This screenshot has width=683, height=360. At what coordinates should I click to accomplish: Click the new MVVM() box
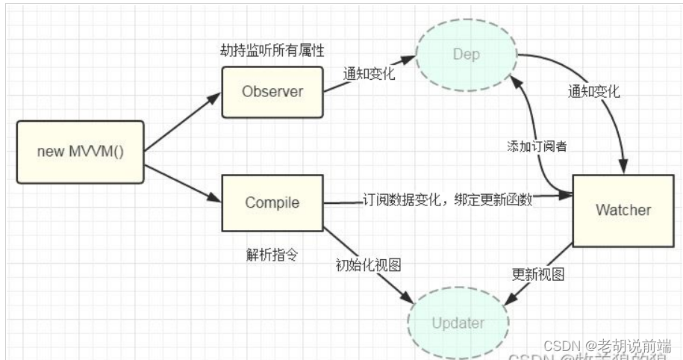pyautogui.click(x=80, y=152)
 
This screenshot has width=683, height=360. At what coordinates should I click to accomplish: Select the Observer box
pyautogui.click(x=272, y=92)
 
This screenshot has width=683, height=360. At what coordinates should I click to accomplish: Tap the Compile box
pyautogui.click(x=272, y=202)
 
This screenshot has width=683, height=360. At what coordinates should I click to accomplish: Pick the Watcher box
pyautogui.click(x=623, y=210)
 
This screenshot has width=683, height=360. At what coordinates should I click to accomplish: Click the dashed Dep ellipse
pyautogui.click(x=466, y=55)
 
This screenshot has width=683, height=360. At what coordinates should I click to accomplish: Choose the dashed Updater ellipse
pyautogui.click(x=458, y=324)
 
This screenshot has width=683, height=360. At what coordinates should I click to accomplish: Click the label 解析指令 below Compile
pyautogui.click(x=272, y=255)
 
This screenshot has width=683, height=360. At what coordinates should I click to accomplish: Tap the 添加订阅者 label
pyautogui.click(x=536, y=146)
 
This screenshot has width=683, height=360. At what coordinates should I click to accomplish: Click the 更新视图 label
pyautogui.click(x=537, y=274)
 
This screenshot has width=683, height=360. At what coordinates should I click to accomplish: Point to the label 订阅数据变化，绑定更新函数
pyautogui.click(x=447, y=200)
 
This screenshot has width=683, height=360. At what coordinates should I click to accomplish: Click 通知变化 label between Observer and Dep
pyautogui.click(x=368, y=75)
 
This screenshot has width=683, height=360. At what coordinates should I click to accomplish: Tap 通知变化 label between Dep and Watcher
pyautogui.click(x=594, y=93)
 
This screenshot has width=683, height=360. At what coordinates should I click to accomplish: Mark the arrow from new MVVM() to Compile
pyautogui.click(x=182, y=184)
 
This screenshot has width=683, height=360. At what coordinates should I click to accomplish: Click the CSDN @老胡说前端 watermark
pyautogui.click(x=606, y=346)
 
